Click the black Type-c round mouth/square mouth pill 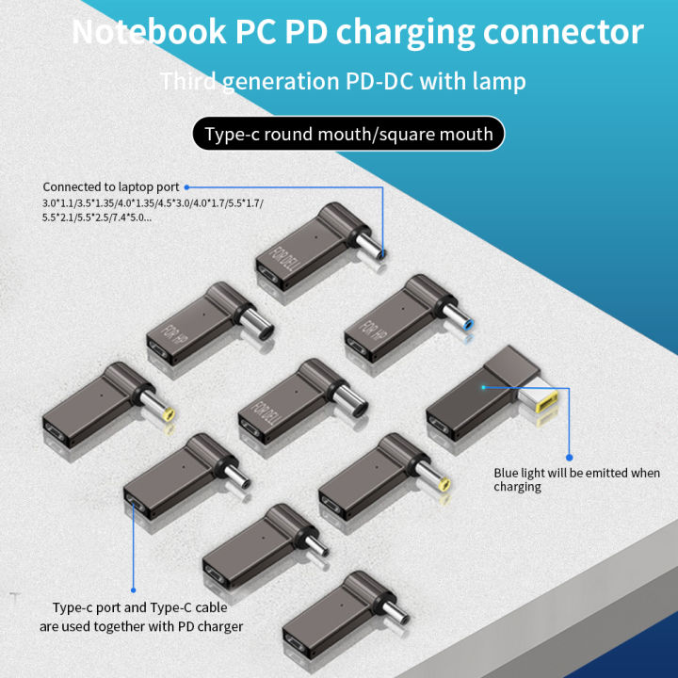point(347,134)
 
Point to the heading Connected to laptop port point(110,187)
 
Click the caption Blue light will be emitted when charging point(576,479)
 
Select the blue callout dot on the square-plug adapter point(482,386)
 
